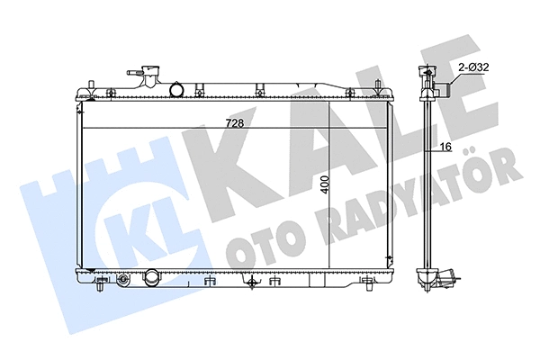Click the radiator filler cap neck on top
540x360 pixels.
click(x=145, y=73)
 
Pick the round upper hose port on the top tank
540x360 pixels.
click(x=178, y=90)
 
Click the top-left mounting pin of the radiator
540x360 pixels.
click(x=94, y=86)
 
